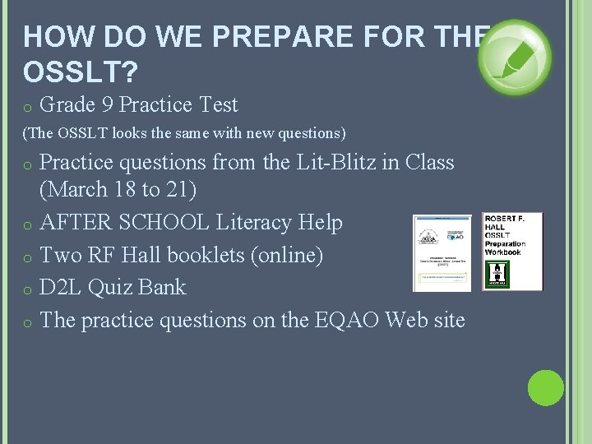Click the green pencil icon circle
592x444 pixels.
tap(515, 58)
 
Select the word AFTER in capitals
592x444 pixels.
tap(72, 222)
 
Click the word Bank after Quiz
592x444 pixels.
tap(163, 287)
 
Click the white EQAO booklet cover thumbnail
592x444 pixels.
tap(442, 253)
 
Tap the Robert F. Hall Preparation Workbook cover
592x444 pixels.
tap(512, 252)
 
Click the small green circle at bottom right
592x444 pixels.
tap(545, 388)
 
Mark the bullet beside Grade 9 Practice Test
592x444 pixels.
tap(27, 107)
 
